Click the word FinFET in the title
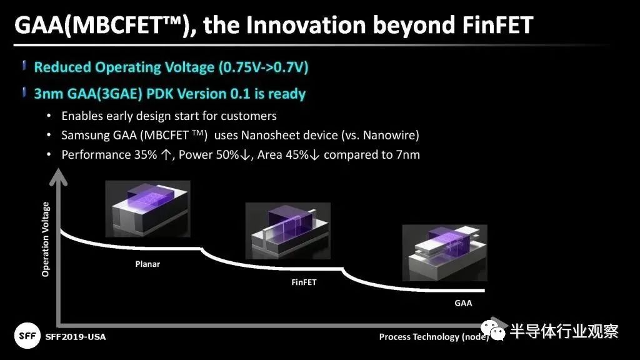point(497,25)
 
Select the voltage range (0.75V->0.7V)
point(263,67)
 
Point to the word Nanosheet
point(272,135)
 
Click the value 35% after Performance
point(145,155)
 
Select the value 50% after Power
point(227,155)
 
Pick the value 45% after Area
point(297,155)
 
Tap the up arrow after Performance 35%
point(166,155)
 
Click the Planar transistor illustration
point(147,209)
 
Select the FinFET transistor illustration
point(287,231)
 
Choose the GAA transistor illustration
point(444,253)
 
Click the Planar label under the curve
point(147,264)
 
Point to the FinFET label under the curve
point(304,282)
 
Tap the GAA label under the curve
point(463,303)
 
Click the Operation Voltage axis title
point(45,239)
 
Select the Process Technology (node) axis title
point(434,337)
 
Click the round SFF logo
point(27,336)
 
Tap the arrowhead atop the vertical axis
point(58,177)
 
